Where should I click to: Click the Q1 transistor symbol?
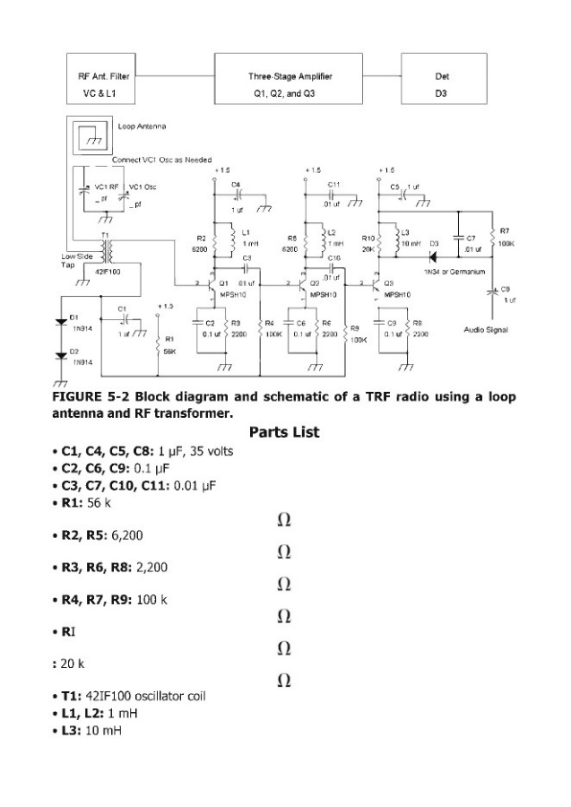pyautogui.click(x=212, y=288)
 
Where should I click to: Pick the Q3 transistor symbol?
pyautogui.click(x=376, y=288)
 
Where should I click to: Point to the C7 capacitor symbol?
pyautogui.click(x=458, y=242)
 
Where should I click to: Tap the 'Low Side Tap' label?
pyautogui.click(x=74, y=260)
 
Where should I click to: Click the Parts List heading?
pyautogui.click(x=284, y=432)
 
